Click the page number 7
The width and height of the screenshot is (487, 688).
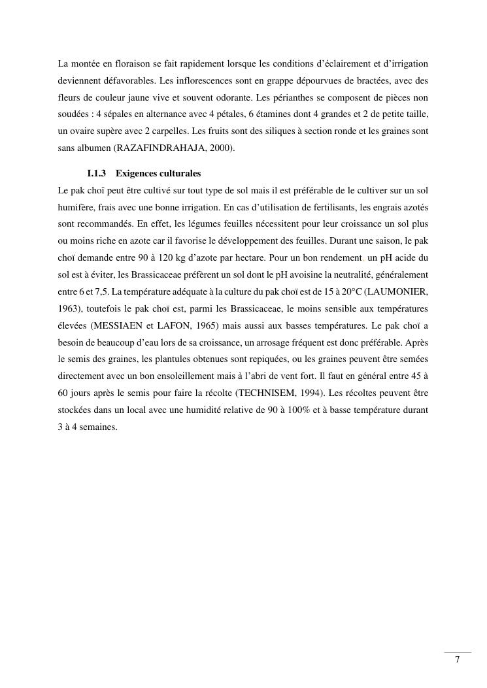457,659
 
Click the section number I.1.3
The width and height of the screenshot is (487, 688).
96,173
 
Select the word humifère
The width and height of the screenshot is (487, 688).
75,206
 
